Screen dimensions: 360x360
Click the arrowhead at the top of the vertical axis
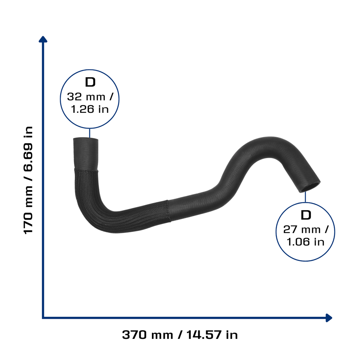tap(43, 39)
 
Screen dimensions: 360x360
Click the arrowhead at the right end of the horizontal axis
tap(329, 318)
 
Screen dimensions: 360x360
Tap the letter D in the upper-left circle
tap(90, 82)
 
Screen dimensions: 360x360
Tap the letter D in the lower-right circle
tap(306, 215)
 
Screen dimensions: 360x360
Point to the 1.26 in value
tap(90, 109)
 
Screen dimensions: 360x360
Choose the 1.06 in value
tap(306, 242)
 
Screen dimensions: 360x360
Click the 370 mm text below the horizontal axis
tap(147, 335)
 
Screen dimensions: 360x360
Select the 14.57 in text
tap(212, 335)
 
